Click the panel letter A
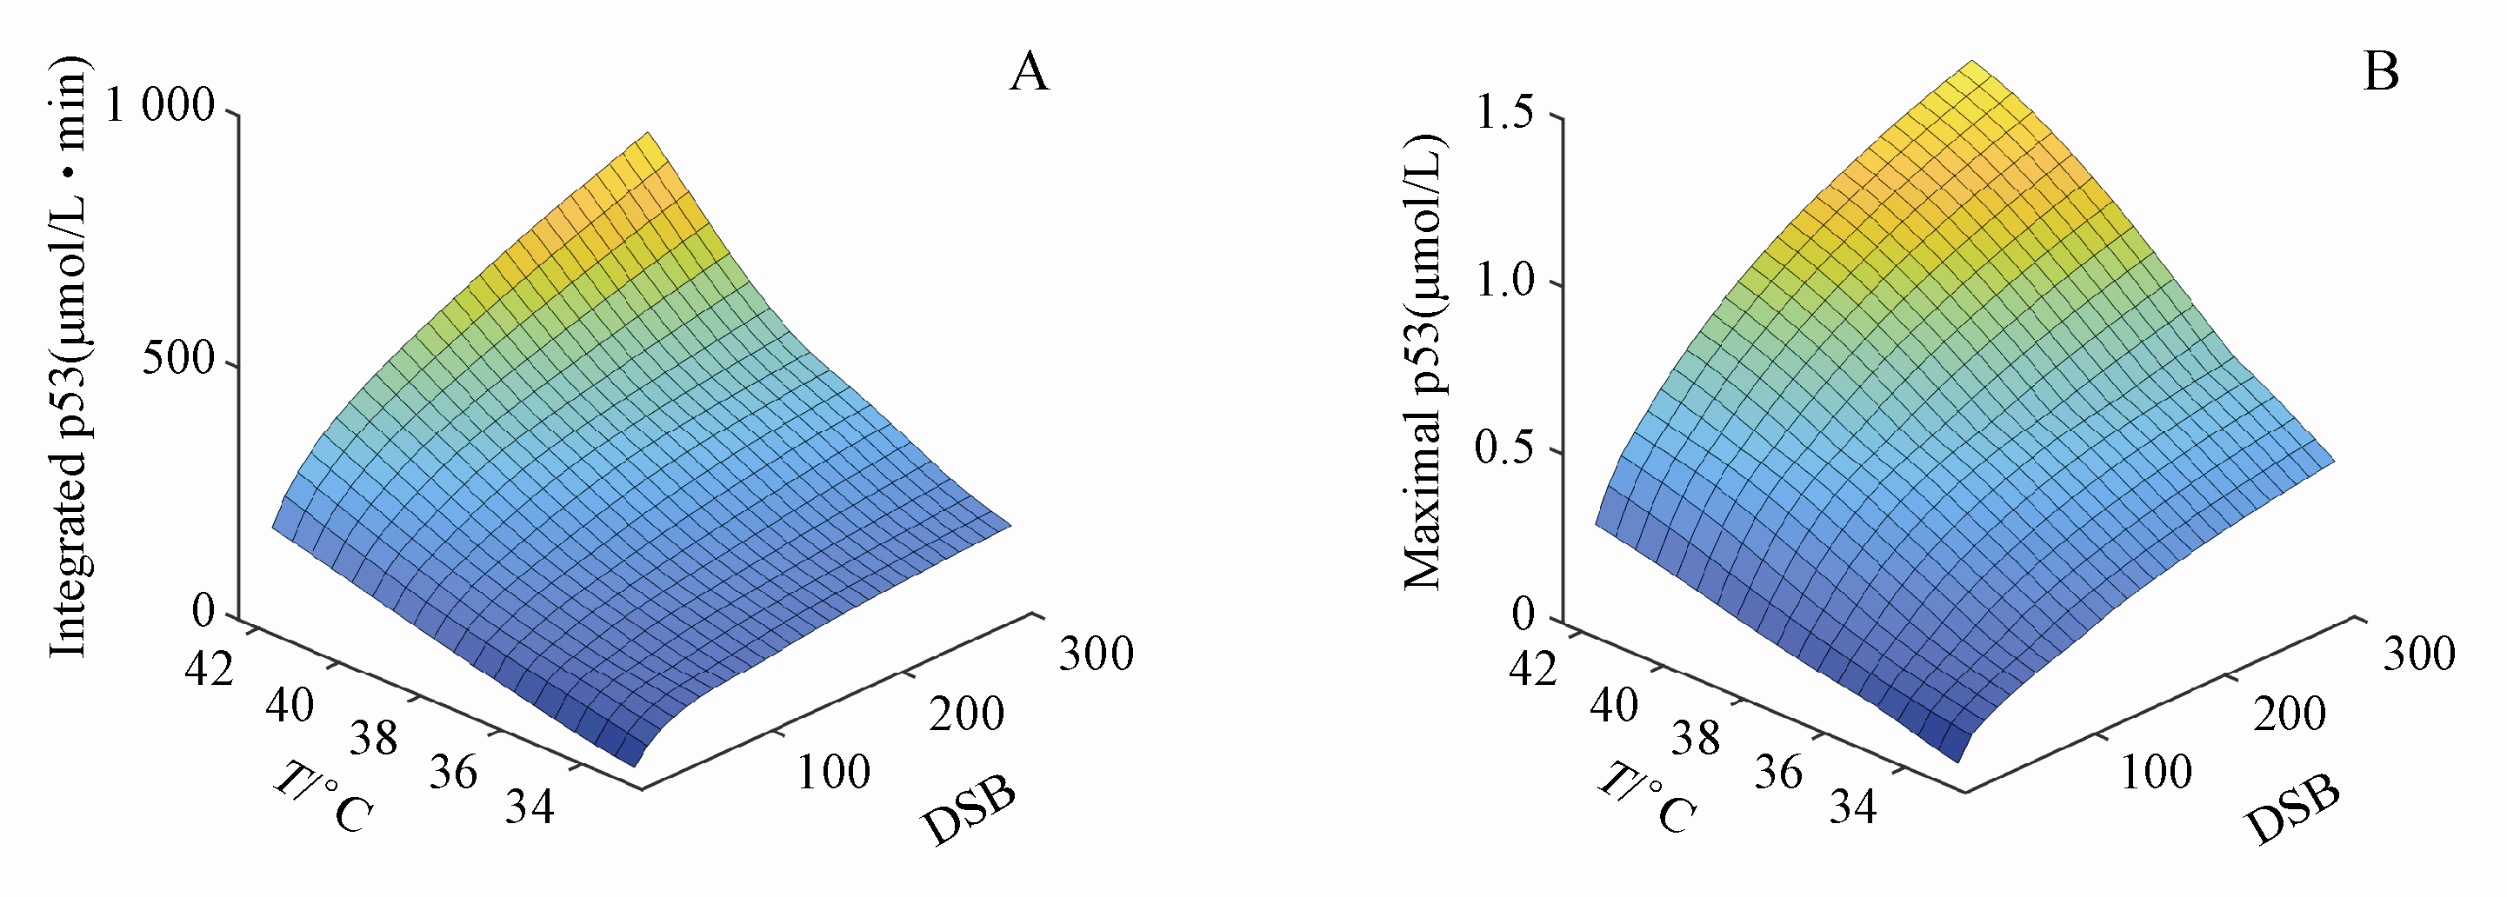coord(1030,72)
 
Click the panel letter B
coord(2381,72)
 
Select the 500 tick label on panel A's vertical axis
coord(177,358)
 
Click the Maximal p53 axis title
coord(1423,362)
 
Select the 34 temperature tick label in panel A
coord(530,807)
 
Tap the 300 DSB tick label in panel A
coord(1096,654)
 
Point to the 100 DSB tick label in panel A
coord(833,773)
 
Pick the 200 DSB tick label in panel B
coord(2289,715)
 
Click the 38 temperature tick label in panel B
coord(1696,740)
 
